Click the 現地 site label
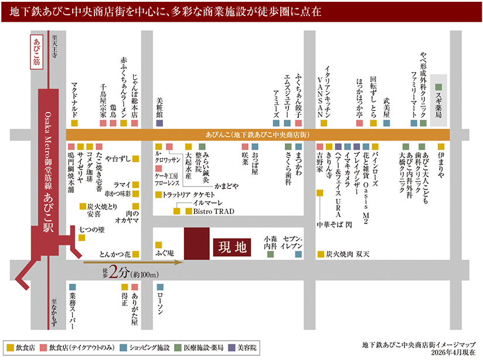(232, 247)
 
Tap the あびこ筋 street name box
(37, 52)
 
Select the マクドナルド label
(74, 100)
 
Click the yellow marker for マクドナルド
(74, 123)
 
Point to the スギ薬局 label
(438, 106)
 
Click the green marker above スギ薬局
(438, 87)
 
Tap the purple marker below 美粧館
(159, 123)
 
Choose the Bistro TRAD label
(213, 212)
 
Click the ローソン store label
(160, 303)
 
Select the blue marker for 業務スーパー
(72, 287)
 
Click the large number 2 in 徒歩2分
(114, 272)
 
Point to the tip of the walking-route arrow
(183, 263)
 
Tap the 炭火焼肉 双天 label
(348, 254)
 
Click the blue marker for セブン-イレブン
(298, 254)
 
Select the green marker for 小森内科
(270, 254)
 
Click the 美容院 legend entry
(243, 348)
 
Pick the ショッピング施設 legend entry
(145, 348)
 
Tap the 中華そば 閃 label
(334, 225)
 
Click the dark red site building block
(197, 243)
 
